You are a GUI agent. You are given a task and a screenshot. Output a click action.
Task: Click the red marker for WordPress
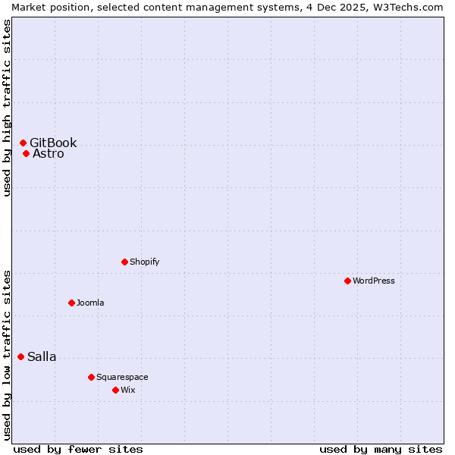(347, 281)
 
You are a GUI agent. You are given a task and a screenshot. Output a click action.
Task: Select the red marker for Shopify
(124, 262)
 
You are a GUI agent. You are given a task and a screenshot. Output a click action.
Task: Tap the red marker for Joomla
(71, 303)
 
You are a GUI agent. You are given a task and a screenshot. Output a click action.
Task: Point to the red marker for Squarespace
(91, 377)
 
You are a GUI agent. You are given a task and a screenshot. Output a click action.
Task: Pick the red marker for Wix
(115, 390)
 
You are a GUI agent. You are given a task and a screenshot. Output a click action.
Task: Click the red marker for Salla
(20, 356)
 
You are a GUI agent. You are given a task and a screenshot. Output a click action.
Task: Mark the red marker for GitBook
(23, 143)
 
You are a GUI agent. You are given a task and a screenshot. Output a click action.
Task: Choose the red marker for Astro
(26, 153)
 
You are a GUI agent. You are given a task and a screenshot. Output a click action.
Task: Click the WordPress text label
(374, 281)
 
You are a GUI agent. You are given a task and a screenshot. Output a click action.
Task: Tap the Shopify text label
(144, 262)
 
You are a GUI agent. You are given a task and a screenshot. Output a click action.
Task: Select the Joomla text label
(90, 303)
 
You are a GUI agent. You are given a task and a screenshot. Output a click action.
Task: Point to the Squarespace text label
(122, 377)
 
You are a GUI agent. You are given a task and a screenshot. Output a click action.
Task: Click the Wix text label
(127, 390)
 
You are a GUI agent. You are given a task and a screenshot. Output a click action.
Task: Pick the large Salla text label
(42, 357)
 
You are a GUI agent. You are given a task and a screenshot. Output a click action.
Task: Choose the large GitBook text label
(53, 143)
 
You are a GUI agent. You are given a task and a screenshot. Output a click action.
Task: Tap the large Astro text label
(49, 154)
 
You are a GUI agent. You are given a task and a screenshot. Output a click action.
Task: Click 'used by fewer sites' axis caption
(78, 449)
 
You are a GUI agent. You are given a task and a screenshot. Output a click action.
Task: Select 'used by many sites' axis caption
(381, 449)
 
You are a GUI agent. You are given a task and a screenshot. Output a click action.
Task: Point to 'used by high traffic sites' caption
(8, 108)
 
